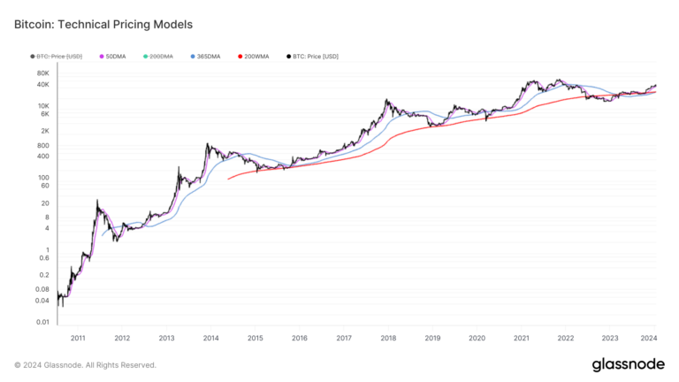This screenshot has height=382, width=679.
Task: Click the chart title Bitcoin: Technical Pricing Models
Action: click(x=103, y=24)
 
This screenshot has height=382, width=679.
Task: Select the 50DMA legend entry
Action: click(x=115, y=57)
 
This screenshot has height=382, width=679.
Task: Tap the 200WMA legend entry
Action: click(x=256, y=57)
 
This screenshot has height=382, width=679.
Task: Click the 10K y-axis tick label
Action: click(x=43, y=104)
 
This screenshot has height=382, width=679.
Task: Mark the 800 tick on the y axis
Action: click(x=43, y=145)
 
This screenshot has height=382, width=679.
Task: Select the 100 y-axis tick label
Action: click(x=43, y=178)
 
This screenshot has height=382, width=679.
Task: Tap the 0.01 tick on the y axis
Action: click(x=42, y=322)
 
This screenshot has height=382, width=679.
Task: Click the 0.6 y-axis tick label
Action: click(x=43, y=258)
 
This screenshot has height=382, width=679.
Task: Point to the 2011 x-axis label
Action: click(x=78, y=338)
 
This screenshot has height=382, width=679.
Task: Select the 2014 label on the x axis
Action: click(x=210, y=338)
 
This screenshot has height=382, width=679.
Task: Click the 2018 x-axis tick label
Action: click(x=388, y=338)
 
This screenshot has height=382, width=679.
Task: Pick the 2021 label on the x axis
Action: click(x=522, y=338)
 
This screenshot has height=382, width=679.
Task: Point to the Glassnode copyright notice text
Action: click(x=85, y=364)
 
